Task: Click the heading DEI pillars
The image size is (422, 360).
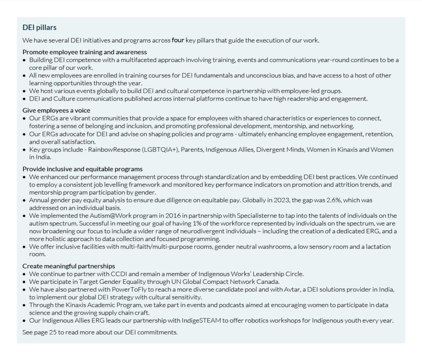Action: point(40,28)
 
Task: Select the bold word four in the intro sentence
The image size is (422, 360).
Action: point(178,40)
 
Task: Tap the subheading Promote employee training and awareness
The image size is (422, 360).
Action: point(84,52)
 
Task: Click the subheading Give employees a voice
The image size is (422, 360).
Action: point(56,110)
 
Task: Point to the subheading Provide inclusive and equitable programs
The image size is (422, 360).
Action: point(82,169)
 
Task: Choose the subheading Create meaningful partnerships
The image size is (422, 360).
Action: point(69,266)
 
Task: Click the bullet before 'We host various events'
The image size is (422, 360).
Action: point(24,91)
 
